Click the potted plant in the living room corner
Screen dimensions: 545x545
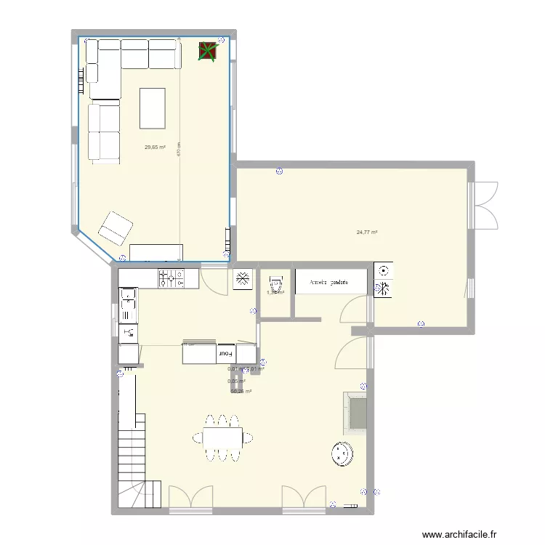(209, 52)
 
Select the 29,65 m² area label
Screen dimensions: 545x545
(155, 148)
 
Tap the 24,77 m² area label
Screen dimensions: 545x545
(366, 233)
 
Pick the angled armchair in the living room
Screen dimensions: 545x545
(115, 228)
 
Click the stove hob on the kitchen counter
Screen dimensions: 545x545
(171, 278)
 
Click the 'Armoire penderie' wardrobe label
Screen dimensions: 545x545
(329, 281)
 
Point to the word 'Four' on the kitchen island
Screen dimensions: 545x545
(226, 354)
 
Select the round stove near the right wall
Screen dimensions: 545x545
(341, 453)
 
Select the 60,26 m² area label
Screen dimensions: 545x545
(241, 392)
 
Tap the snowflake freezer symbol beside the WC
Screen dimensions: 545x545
(242, 279)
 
